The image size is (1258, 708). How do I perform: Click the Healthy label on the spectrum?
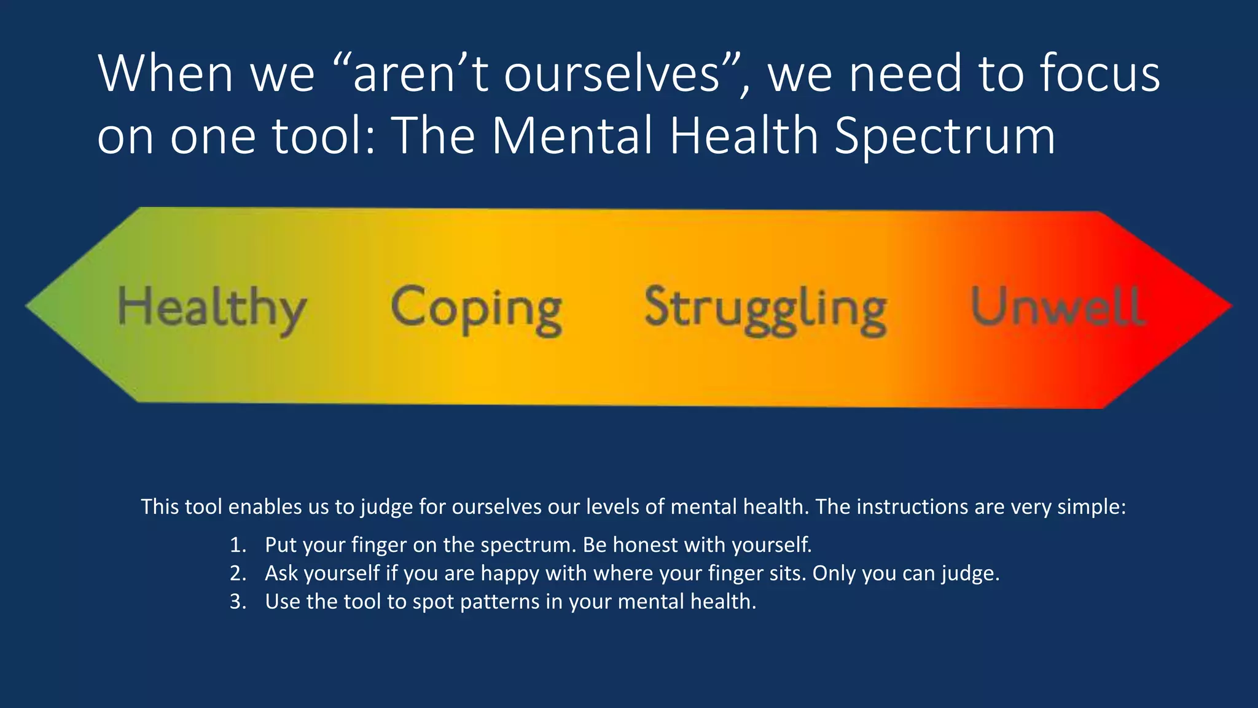[212, 308]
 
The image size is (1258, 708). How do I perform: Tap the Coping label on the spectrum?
[477, 308]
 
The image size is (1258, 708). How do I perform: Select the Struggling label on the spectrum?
[765, 308]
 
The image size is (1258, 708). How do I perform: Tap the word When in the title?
[165, 74]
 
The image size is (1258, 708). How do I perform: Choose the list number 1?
[238, 545]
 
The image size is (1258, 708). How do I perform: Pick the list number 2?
[238, 573]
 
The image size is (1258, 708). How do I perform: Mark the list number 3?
[238, 602]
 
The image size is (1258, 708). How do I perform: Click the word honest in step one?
[645, 545]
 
